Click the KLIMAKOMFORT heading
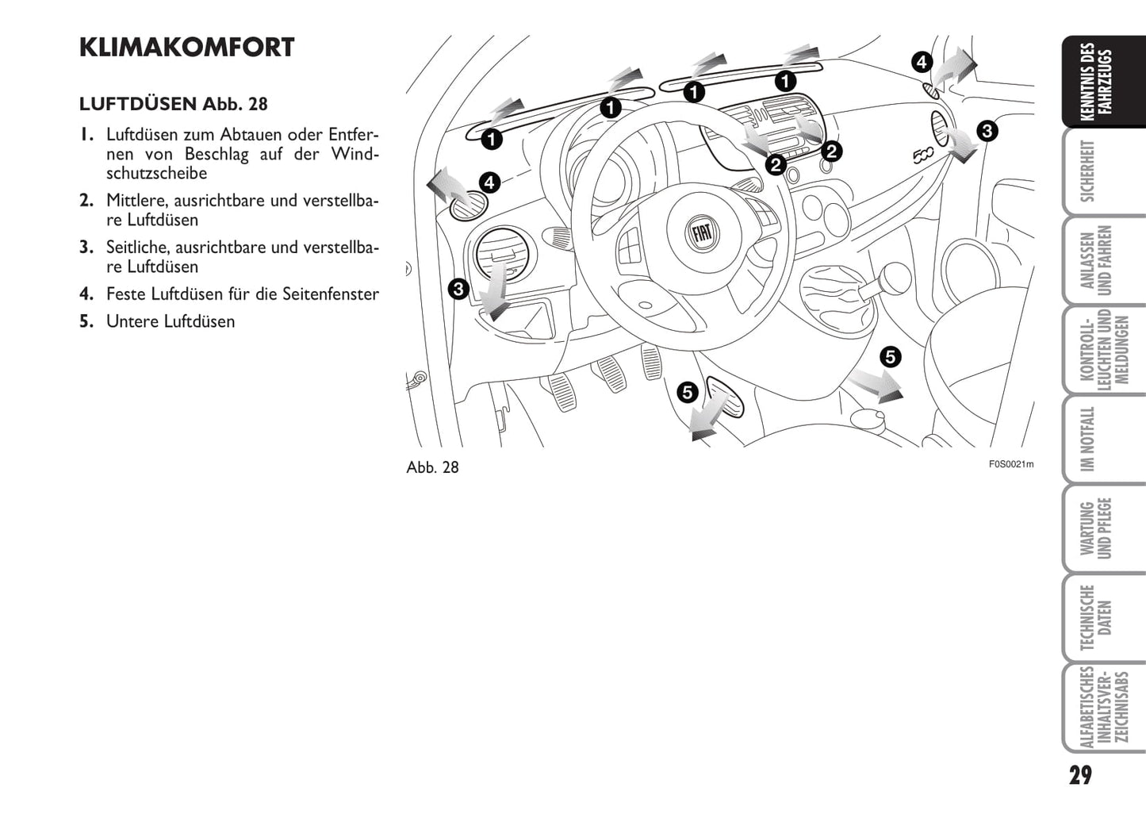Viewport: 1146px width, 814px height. pos(186,48)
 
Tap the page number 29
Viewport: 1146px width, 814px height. pos(1079,774)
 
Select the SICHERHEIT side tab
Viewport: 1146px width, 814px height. pos(1088,171)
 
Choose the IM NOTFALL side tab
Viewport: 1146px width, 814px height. pos(1088,439)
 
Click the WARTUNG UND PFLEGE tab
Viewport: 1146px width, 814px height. pos(1096,528)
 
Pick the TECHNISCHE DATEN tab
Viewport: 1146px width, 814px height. pos(1096,618)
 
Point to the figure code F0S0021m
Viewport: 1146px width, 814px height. pos(1010,465)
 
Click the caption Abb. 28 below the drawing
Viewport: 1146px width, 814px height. pos(432,467)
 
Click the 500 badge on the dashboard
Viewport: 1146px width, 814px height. pos(922,156)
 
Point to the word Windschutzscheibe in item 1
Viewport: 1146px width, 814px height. pos(156,173)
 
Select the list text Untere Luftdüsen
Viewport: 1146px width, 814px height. pos(171,321)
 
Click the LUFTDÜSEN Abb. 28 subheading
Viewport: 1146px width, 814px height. pos(173,104)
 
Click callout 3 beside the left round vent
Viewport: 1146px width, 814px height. pos(458,289)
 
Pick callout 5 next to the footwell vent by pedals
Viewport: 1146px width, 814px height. pos(688,391)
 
